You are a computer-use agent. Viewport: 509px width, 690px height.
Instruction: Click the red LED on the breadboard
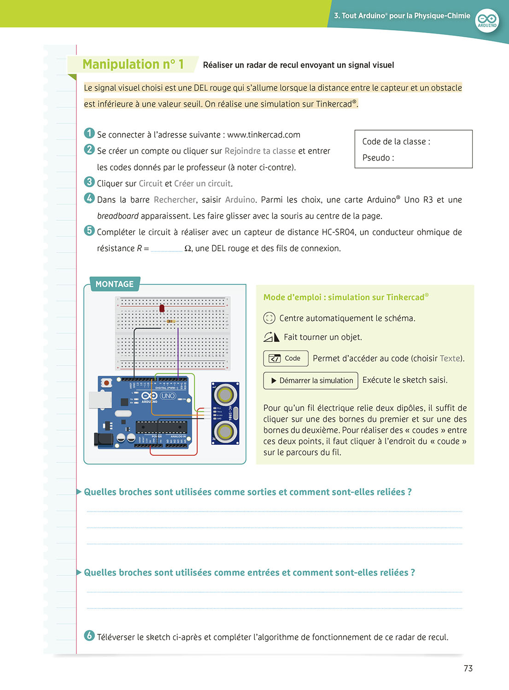point(162,308)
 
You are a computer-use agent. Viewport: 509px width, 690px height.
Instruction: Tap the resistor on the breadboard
point(171,321)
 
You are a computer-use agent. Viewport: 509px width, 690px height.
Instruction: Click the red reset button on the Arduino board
point(107,383)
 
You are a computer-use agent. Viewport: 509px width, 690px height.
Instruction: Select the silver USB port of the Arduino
point(100,400)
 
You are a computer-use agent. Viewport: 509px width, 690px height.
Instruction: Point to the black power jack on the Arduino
point(104,439)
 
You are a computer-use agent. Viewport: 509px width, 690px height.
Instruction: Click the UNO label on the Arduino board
point(168,396)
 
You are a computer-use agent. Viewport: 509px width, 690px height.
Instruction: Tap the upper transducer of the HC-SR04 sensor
point(225,395)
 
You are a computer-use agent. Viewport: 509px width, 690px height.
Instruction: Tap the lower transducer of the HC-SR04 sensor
point(225,431)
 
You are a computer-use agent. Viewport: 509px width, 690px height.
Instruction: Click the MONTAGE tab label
point(115,284)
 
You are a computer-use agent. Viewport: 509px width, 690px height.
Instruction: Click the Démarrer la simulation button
point(311,381)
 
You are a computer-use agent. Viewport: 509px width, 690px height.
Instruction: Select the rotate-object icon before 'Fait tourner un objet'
point(271,337)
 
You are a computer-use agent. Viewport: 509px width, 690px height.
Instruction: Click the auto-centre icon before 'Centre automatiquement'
point(269,318)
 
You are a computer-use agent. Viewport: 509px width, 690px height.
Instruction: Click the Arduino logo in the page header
point(487,20)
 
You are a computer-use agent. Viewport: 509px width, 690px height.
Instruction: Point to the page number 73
point(468,668)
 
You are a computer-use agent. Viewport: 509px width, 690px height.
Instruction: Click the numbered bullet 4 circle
point(89,198)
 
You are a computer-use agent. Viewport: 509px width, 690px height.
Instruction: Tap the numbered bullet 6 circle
point(89,636)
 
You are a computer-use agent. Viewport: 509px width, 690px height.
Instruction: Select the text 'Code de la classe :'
point(396,142)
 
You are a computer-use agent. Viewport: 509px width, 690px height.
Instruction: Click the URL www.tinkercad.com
point(263,135)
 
